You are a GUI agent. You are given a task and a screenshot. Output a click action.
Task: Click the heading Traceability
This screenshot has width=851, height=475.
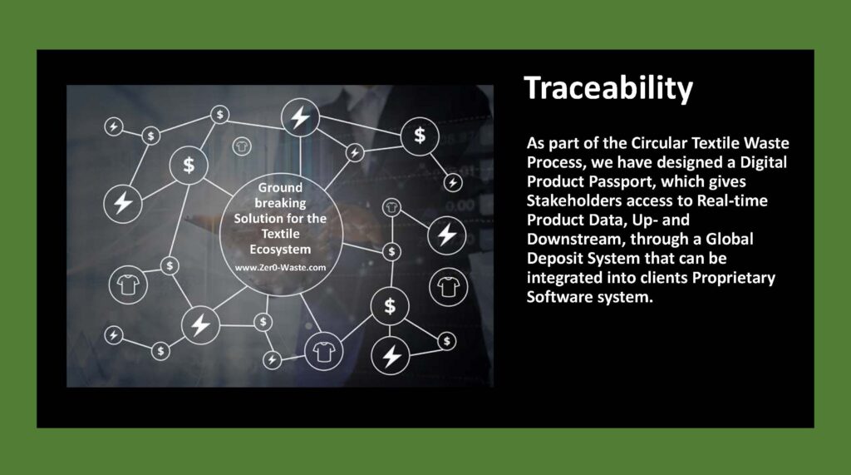click(x=608, y=88)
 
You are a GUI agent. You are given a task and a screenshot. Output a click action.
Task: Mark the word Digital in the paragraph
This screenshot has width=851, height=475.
click(x=764, y=162)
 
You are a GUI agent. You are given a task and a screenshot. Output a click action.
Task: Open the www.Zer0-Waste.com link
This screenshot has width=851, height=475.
click(x=280, y=267)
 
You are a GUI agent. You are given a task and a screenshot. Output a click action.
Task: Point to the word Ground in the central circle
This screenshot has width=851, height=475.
click(x=280, y=187)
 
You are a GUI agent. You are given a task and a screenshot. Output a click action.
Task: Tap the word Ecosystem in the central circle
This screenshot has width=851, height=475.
click(x=280, y=250)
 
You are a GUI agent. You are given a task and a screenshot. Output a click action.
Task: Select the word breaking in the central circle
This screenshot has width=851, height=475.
click(x=280, y=203)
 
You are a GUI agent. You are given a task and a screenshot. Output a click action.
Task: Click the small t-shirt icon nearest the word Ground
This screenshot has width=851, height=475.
click(x=242, y=146)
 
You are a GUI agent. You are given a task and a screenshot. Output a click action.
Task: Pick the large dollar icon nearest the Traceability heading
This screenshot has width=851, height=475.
click(x=420, y=136)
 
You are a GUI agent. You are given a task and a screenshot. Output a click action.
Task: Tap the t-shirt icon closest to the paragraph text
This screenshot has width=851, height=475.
click(x=448, y=287)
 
